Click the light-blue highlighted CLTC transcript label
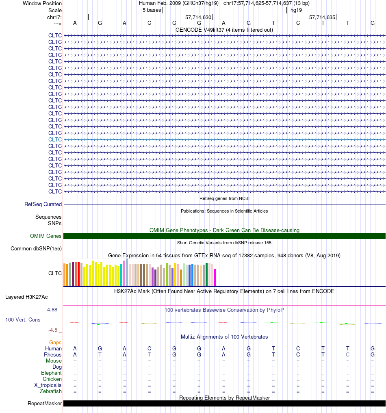pos(55,139)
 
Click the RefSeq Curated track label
pos(43,204)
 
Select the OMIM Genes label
pos(46,236)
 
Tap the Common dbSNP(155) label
pos(36,249)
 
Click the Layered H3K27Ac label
pos(26,297)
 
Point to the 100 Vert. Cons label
pos(23,320)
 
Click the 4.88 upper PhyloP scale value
pos(52,310)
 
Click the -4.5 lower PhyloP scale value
pos(53,330)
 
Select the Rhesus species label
pos(53,355)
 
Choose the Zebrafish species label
pos(51,391)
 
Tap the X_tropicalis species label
pos(48,385)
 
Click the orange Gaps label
pos(55,342)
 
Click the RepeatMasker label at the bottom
pos(45,404)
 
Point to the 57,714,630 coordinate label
pos(198,17)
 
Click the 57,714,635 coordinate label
pos(322,17)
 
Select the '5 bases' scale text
pos(152,10)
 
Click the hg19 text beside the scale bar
pos(296,10)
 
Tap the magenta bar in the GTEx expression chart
pos(215,277)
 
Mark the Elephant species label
pos(51,373)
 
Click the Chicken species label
pos(52,379)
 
